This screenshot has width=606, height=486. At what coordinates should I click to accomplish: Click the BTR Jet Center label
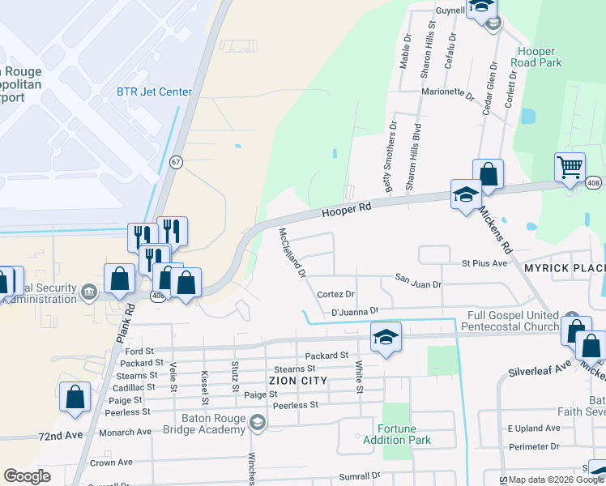(x=154, y=92)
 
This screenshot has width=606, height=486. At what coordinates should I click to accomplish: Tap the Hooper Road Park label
(x=540, y=56)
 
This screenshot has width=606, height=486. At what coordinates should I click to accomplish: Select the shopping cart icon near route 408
(x=570, y=168)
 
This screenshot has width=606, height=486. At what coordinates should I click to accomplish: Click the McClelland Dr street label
(x=292, y=252)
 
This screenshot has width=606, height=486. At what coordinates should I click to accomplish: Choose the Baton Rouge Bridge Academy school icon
(x=258, y=421)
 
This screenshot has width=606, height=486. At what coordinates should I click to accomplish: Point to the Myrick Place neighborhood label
(x=565, y=268)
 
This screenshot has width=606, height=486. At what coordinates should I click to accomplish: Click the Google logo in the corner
(x=27, y=476)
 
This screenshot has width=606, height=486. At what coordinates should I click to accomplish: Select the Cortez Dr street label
(x=336, y=294)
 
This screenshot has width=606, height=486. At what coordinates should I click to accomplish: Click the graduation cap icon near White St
(x=386, y=336)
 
